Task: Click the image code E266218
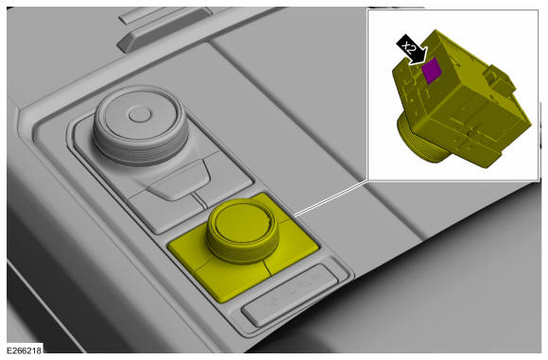[x=25, y=350]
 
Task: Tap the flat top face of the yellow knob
[x=242, y=222]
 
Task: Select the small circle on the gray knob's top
[x=140, y=114]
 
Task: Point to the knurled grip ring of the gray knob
[x=141, y=147]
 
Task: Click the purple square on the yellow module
[x=431, y=70]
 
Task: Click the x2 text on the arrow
[x=409, y=47]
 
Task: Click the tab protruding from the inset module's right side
[x=499, y=81]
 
